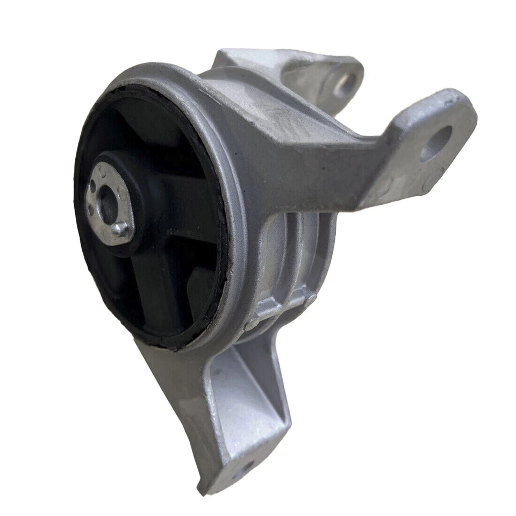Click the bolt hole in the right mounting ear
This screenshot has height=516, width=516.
[435, 144]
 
